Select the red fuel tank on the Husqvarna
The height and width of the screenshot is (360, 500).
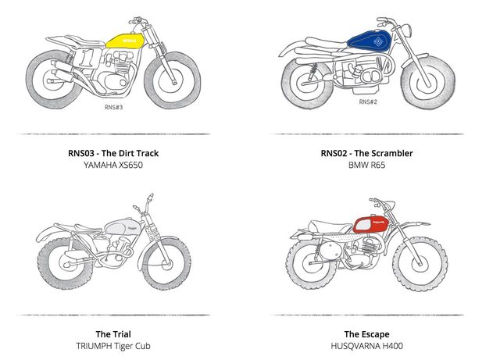click(372, 225)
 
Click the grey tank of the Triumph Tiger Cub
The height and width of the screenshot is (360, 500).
click(124, 227)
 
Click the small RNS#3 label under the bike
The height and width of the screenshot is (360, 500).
click(114, 108)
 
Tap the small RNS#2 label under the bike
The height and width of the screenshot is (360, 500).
click(368, 102)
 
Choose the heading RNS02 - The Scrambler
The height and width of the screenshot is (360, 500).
click(366, 153)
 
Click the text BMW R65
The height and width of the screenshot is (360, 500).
click(366, 166)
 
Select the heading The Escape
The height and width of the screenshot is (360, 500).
click(366, 334)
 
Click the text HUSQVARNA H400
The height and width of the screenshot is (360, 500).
click(366, 347)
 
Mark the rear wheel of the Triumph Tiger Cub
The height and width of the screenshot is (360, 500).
click(64, 258)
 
